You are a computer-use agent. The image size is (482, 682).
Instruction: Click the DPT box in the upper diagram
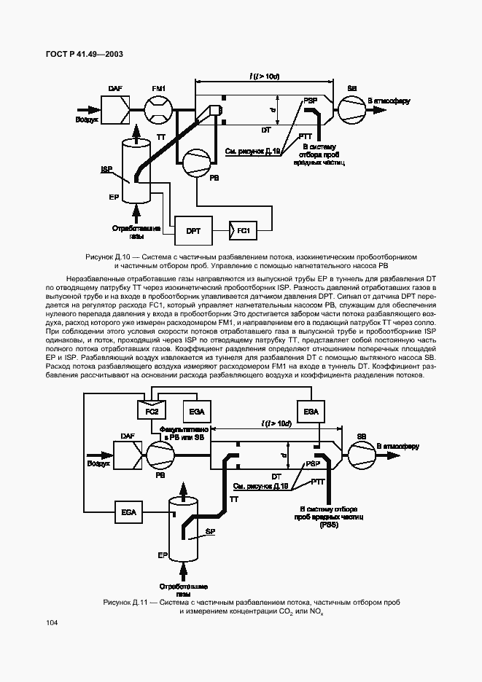pos(193,231)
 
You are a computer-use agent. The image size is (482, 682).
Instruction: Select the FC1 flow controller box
pos(244,231)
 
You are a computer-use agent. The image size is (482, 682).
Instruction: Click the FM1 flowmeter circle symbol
pos(159,111)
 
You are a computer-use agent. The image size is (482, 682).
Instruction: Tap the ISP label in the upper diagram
pos(106,168)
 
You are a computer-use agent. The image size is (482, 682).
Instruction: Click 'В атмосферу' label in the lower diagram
pos(397,446)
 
